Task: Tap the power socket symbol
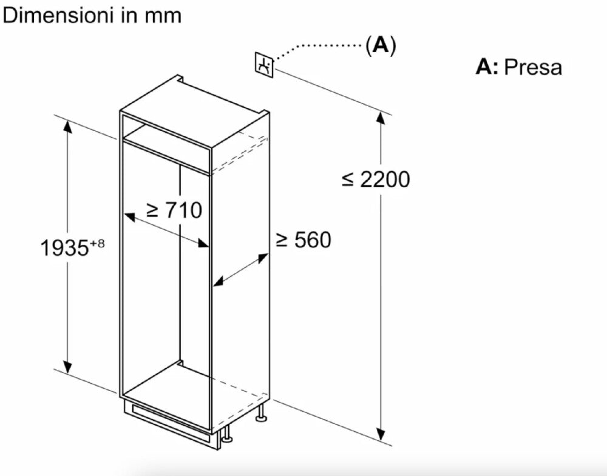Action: [264, 64]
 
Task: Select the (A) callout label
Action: [381, 46]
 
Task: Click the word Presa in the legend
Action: [533, 67]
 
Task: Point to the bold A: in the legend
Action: [487, 67]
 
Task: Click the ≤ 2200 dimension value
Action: [376, 179]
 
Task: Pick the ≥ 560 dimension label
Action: [303, 240]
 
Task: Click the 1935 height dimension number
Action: [65, 248]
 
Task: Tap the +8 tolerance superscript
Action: [97, 244]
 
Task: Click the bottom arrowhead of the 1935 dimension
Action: [68, 367]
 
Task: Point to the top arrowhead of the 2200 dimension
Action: [381, 118]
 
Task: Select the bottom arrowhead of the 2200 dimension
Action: [381, 434]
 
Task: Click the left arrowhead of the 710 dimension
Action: [129, 217]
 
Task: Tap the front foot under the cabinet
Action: [226, 434]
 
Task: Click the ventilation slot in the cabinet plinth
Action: [171, 421]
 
